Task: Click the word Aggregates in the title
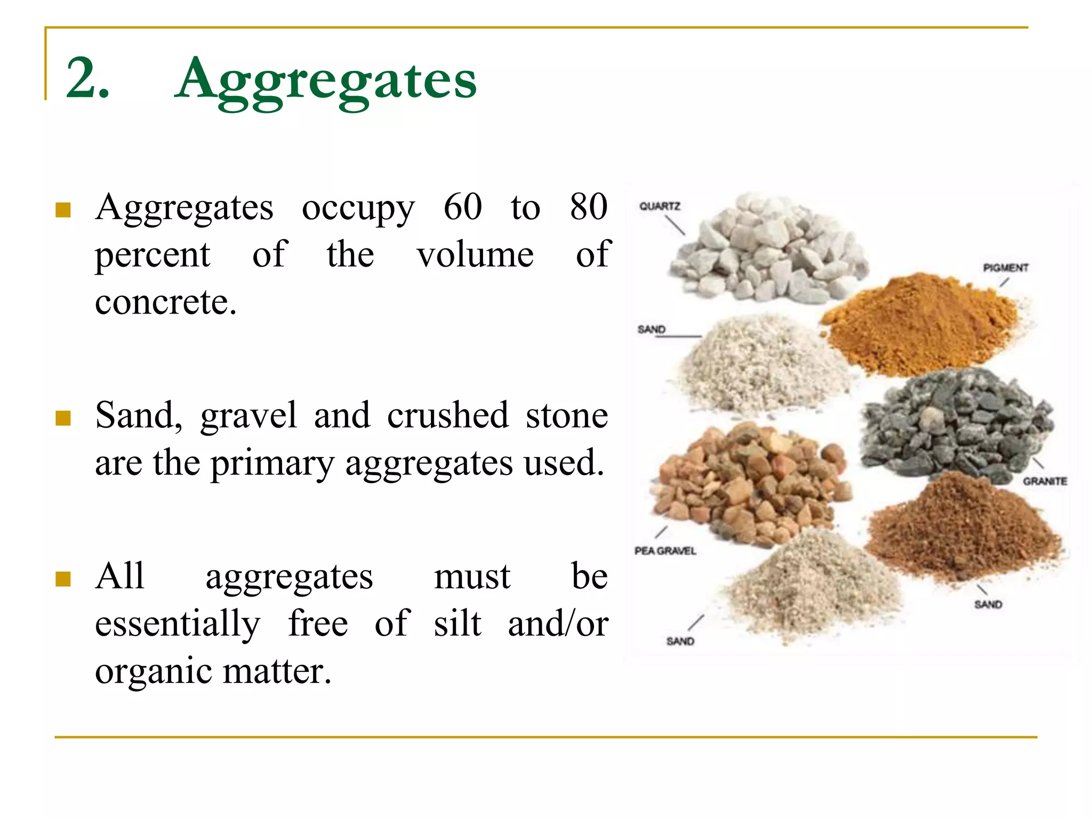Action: click(325, 80)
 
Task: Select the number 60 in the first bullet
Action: click(463, 207)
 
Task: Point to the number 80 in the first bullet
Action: click(589, 207)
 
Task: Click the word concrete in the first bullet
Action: click(165, 302)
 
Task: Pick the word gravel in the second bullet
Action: click(248, 416)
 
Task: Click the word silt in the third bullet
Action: click(457, 624)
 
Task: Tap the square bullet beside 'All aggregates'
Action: click(63, 579)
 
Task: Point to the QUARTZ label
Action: click(660, 206)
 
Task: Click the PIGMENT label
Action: click(1006, 268)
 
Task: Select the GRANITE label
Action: click(1045, 481)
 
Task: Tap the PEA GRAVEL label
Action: click(665, 551)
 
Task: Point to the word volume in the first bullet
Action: click(475, 255)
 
